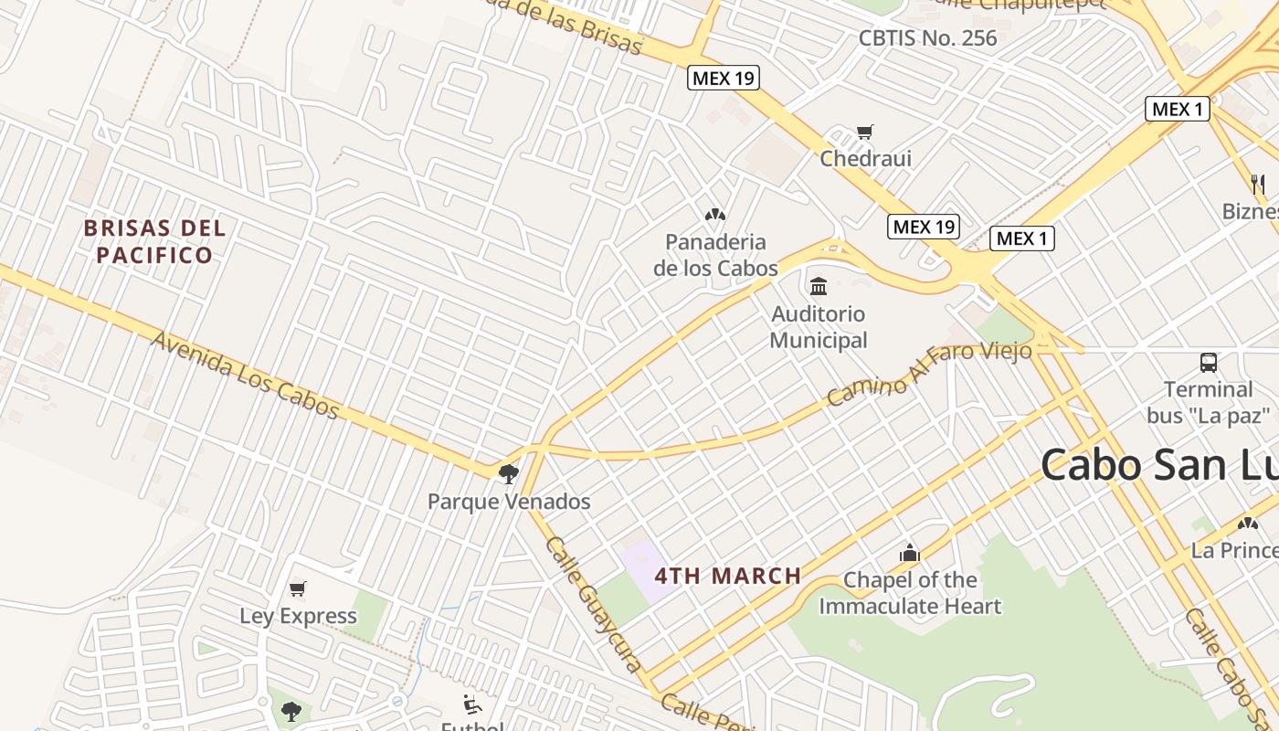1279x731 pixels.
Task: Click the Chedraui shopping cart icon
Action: click(x=864, y=132)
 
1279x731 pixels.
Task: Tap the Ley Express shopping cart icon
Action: click(x=297, y=589)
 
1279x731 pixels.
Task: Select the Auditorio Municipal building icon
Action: click(x=819, y=287)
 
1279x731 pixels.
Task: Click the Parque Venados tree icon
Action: click(x=509, y=473)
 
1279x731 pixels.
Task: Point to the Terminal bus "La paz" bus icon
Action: click(x=1209, y=363)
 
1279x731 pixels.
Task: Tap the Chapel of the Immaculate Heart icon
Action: click(x=909, y=553)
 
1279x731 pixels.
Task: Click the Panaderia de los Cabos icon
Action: click(x=714, y=215)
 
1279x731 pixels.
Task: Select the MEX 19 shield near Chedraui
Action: click(x=924, y=227)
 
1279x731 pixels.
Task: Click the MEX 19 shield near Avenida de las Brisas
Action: click(x=724, y=78)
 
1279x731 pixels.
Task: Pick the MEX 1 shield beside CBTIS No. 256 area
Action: click(x=1178, y=110)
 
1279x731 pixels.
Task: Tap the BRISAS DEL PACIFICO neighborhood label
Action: click(x=154, y=241)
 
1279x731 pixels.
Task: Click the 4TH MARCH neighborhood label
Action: click(x=728, y=577)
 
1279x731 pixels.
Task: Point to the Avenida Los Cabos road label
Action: click(x=245, y=375)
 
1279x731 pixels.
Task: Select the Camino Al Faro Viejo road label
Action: click(x=928, y=375)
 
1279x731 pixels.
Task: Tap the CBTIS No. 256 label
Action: click(x=927, y=38)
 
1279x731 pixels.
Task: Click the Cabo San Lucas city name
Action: click(x=1158, y=464)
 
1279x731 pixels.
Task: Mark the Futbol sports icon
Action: click(x=471, y=704)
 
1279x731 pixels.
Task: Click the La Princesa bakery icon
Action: click(x=1247, y=524)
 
